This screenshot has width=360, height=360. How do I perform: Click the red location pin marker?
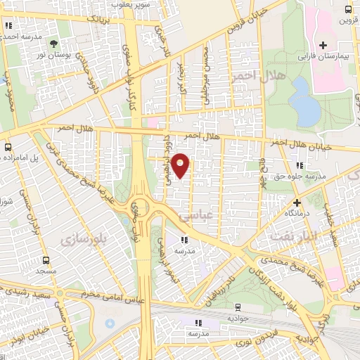[181, 165]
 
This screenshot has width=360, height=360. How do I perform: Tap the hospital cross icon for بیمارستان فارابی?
[323, 45]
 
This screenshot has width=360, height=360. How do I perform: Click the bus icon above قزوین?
[347, 9]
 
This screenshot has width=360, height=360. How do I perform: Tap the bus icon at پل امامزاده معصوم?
[8, 147]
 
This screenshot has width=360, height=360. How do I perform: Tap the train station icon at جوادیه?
[238, 307]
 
